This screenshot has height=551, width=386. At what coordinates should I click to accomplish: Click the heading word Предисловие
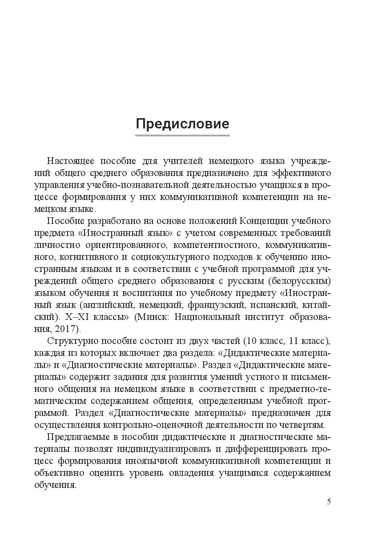coord(182,124)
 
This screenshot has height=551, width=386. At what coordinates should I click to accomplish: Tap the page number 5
coord(329,502)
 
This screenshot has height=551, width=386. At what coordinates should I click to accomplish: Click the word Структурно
coord(69,341)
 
